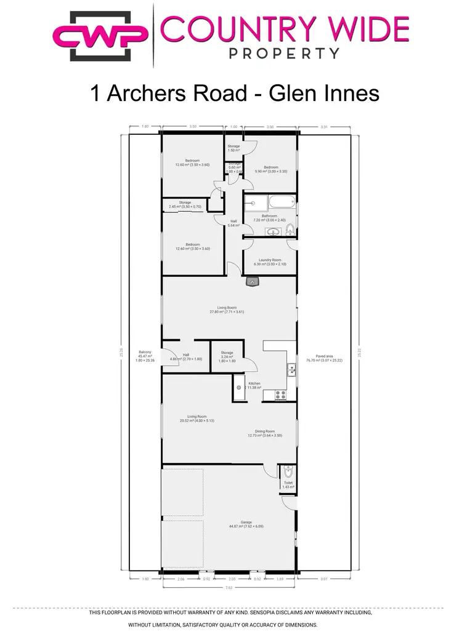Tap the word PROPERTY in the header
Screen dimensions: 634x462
point(283,54)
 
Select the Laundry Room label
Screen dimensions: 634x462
point(270,262)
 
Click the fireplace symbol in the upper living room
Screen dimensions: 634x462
point(251,282)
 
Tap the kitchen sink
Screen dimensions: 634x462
point(290,370)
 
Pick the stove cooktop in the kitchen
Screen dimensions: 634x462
point(280,395)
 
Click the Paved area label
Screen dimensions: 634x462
point(325,358)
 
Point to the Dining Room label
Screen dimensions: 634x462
point(265,433)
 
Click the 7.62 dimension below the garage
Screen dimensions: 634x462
point(229,587)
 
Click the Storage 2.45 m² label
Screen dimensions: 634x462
point(185,204)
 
